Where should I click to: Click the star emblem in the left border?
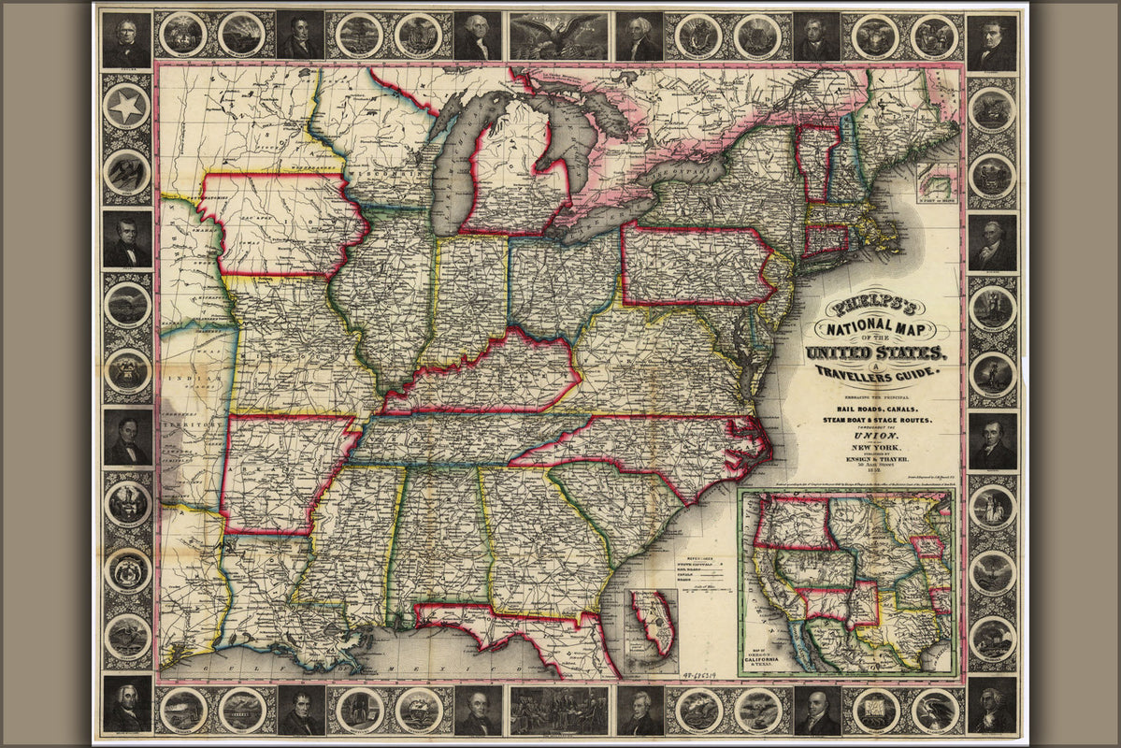click(x=126, y=108)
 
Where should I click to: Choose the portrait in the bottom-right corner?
click(x=992, y=705)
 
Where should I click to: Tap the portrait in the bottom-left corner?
click(x=126, y=705)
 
